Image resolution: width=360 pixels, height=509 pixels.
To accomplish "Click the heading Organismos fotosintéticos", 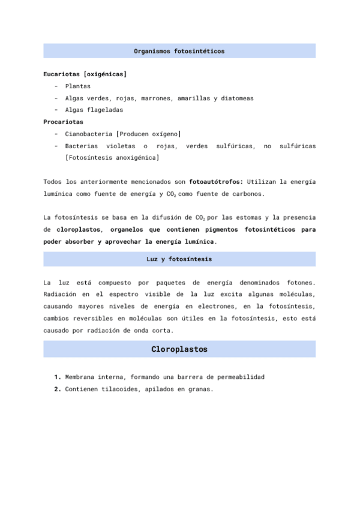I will coord(179,51).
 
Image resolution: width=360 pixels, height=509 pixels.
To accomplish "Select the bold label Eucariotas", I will coord(62,74).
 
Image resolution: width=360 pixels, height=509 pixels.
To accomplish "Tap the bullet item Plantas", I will coord(78,86).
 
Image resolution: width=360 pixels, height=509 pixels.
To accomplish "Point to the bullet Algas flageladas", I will coord(94,110).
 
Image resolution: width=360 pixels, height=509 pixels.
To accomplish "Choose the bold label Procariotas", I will coord(64,122).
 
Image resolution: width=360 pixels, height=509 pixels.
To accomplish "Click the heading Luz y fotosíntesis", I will coord(179,259).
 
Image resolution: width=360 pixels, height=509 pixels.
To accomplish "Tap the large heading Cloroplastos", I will coord(179,349).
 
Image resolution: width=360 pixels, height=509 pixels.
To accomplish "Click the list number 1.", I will coord(57,377).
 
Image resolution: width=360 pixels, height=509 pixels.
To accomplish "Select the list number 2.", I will coord(57,389).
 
